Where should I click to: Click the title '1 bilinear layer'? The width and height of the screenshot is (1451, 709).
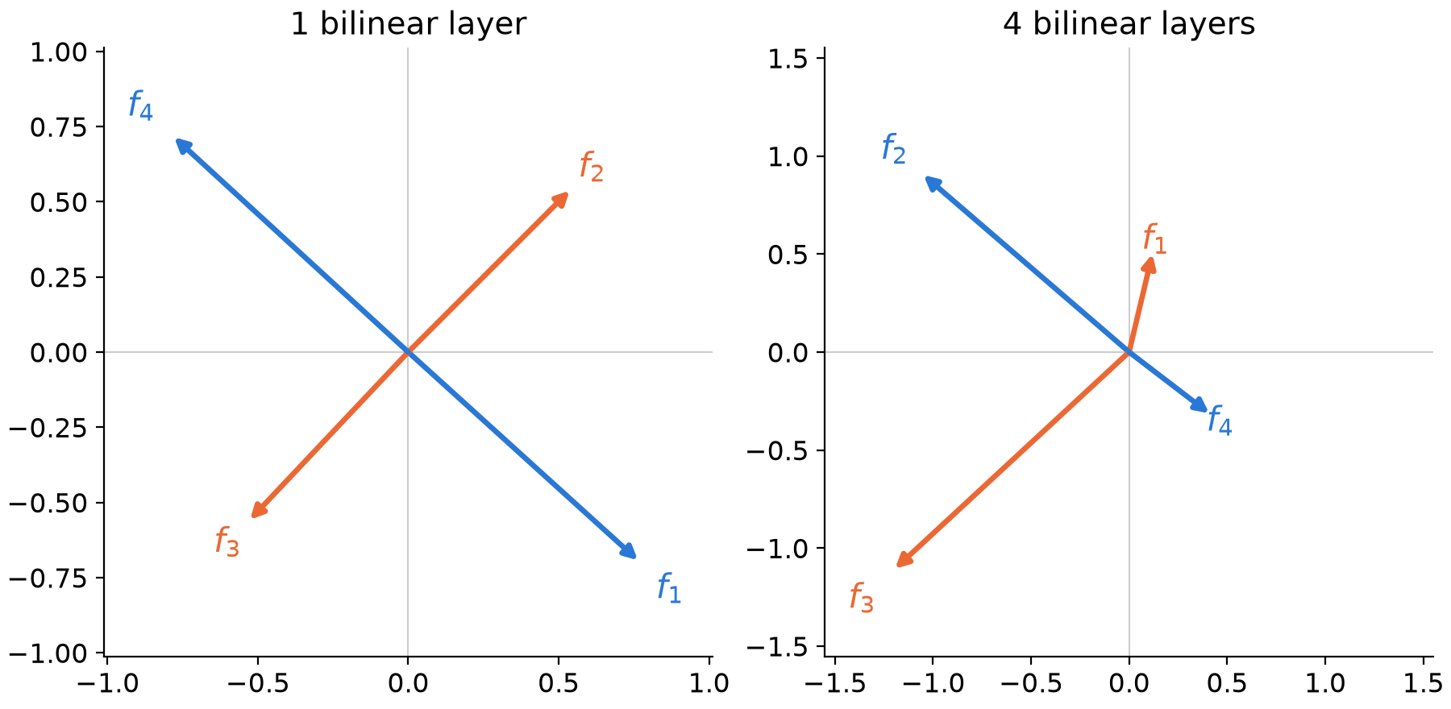[408, 24]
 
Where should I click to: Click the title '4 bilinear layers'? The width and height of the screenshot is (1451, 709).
[1129, 24]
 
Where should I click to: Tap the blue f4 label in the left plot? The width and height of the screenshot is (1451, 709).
[140, 106]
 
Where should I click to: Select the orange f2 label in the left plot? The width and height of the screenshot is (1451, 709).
[592, 167]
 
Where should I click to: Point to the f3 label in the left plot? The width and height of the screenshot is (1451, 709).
[227, 541]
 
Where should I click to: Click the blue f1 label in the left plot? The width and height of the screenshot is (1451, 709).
[669, 588]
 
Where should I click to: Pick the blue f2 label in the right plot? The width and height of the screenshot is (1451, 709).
[894, 149]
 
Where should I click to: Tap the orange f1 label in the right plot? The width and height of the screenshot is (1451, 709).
[1154, 239]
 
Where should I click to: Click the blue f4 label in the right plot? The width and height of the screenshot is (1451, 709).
[1220, 421]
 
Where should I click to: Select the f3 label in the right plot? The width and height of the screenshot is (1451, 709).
[862, 599]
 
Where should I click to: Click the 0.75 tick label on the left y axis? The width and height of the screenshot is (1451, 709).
[59, 127]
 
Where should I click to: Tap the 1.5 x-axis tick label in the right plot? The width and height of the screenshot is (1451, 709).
[1422, 684]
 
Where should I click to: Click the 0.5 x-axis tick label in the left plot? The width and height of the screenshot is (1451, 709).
[559, 684]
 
